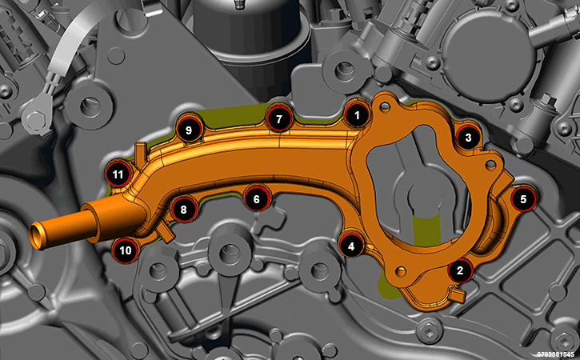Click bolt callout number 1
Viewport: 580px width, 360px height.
coord(357,115)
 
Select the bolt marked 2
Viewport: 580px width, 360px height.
coord(460,270)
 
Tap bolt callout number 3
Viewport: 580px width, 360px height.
coord(468,138)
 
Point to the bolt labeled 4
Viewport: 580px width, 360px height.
coord(351,246)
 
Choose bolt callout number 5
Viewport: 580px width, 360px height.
coord(523,199)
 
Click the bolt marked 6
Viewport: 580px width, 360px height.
coord(257,199)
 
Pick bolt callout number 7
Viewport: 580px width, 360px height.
coord(279,118)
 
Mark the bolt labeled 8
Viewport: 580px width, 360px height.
coord(184,210)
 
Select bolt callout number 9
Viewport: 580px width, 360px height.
coord(189,130)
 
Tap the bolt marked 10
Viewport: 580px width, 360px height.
coord(126,250)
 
